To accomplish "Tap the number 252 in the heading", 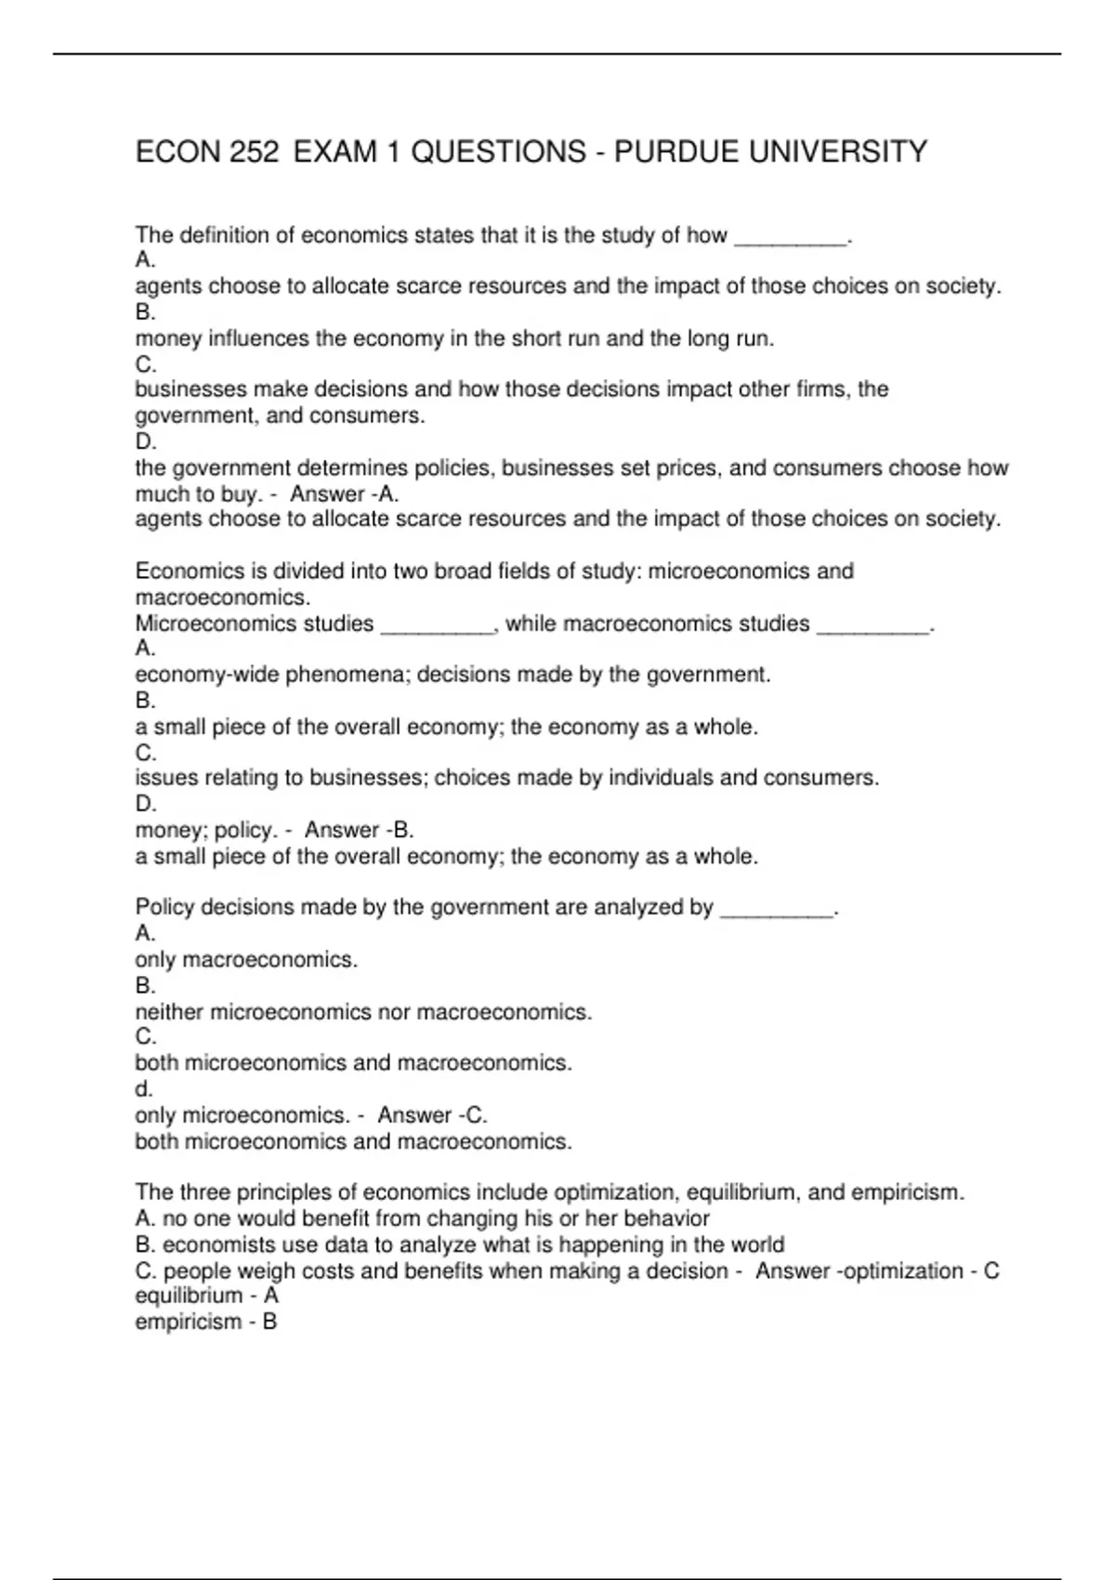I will coord(255,151).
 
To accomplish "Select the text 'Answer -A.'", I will coord(345,494).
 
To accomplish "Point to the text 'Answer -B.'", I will coord(360,830).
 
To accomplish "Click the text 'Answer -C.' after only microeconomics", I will coord(432,1115).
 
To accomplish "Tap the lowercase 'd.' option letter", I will coord(144,1088).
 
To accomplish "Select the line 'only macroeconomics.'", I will coord(246,959).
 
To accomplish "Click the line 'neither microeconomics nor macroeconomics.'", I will coord(363,1012).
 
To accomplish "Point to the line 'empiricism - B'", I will coord(206,1322).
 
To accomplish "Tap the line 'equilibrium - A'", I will coord(206,1296).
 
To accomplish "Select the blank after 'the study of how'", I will coord(791,238).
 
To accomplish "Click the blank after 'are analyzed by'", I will coord(777,909).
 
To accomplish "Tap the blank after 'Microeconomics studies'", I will coord(437,625).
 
